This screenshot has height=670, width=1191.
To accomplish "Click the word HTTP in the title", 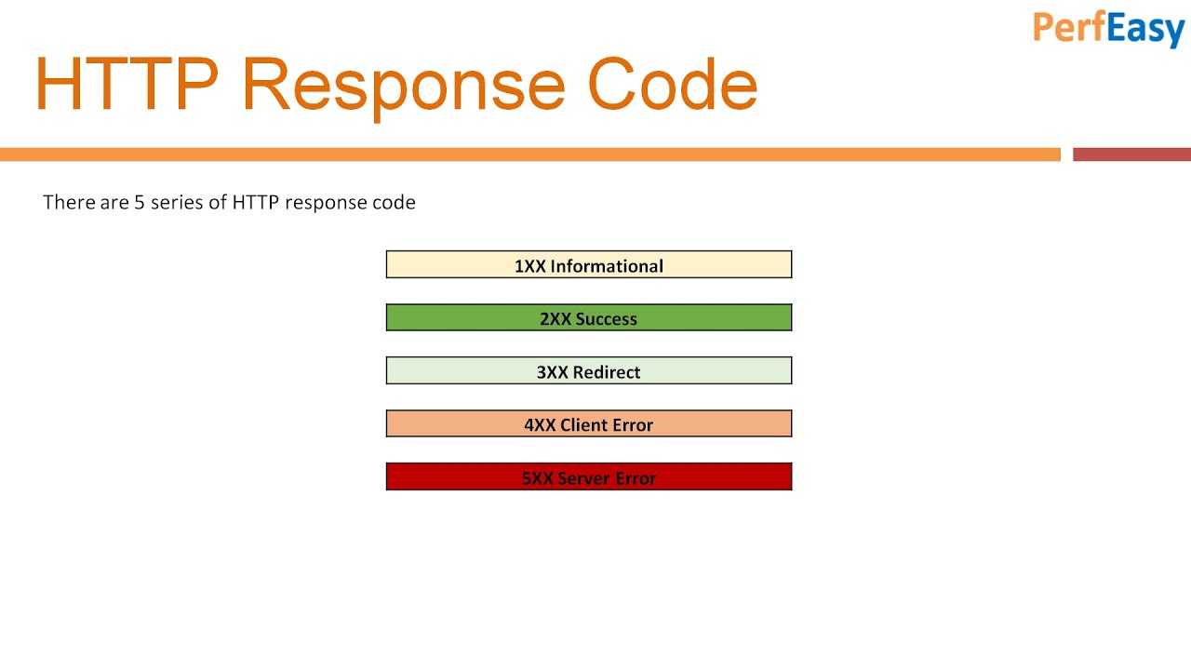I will point(127,85).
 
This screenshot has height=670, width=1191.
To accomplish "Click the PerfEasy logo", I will point(1107,28).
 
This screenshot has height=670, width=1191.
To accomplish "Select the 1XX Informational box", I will point(588,265).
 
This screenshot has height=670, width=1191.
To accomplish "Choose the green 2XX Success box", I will point(588,318).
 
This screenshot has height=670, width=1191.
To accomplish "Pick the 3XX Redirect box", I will point(588,371).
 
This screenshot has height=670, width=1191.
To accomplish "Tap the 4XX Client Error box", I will point(588,424).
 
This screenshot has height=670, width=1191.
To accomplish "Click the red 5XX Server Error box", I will point(588,477).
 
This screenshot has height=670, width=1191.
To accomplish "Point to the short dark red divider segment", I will point(1131,154).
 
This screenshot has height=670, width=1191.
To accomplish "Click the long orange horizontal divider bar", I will point(530,154).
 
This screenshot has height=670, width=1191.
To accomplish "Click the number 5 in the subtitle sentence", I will point(140,202).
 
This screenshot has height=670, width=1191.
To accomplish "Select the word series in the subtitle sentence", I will point(177,202).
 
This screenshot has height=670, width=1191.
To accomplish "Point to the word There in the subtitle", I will point(68,202).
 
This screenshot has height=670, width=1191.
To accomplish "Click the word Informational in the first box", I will point(607,266).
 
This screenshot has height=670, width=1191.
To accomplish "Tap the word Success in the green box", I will point(606,319).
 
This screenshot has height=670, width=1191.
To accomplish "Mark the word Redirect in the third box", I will point(606,372).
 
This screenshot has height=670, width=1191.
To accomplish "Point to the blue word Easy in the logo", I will point(1145,29).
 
